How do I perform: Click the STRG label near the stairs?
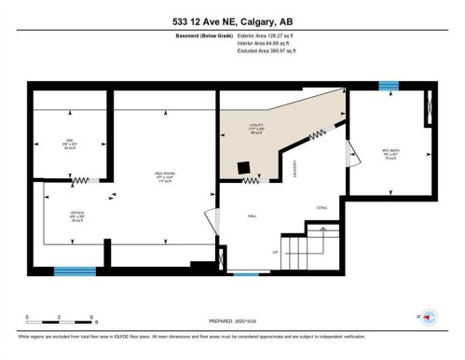click(x=321, y=207)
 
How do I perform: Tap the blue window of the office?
click(x=75, y=271)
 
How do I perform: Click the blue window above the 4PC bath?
click(x=388, y=86)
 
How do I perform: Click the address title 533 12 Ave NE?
click(x=232, y=22)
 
